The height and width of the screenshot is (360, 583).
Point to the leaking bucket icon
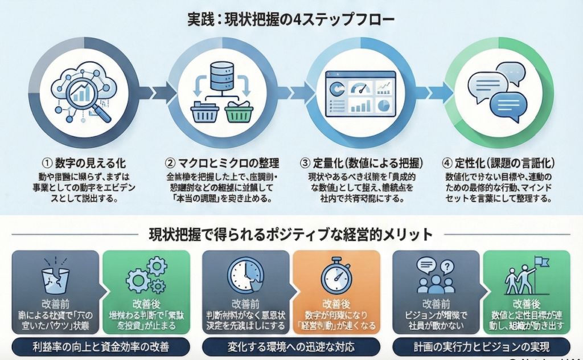tap(55, 276)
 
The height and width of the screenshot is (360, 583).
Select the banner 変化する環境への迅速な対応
tap(291, 346)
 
